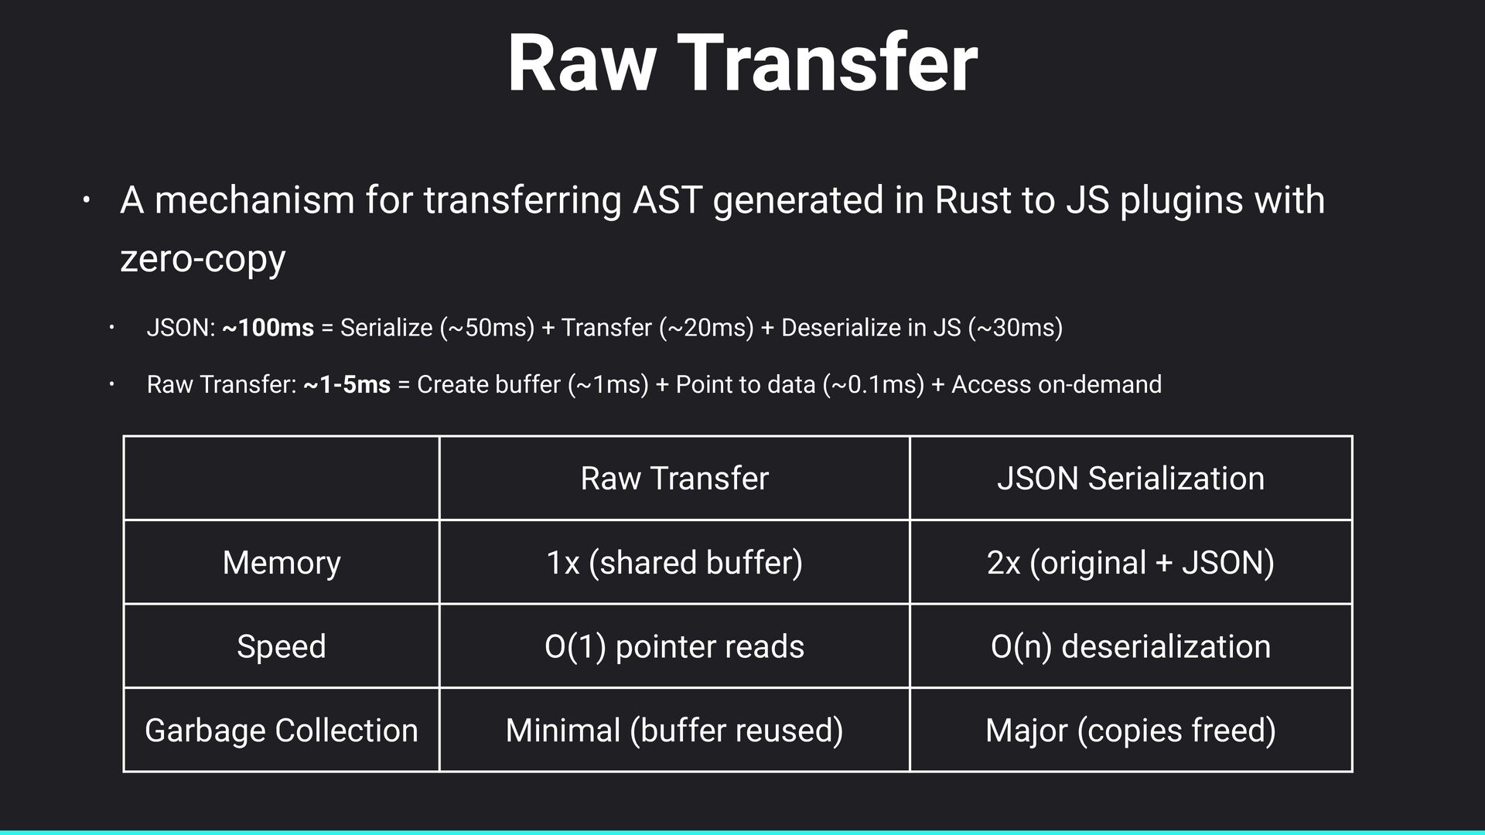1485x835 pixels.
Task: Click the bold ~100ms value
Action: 268,328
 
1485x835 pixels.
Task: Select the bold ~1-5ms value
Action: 347,384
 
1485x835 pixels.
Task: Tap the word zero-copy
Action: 203,258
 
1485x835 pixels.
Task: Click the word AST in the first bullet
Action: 667,200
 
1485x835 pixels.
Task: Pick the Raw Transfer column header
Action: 674,479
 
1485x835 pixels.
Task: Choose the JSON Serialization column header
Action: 1130,479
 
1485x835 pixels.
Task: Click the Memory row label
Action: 282,562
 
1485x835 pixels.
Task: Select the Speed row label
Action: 282,646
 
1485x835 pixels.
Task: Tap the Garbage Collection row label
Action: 282,731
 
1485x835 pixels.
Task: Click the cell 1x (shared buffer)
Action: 674,562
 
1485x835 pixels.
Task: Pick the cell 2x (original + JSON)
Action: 1130,562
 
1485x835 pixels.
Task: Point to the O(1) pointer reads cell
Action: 674,646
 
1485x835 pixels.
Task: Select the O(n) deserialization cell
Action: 1130,646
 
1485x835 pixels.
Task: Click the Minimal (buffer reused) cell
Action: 674,731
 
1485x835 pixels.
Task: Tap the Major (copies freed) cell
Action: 1130,731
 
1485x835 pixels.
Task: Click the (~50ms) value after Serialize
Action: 487,328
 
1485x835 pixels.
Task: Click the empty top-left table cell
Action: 282,479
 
